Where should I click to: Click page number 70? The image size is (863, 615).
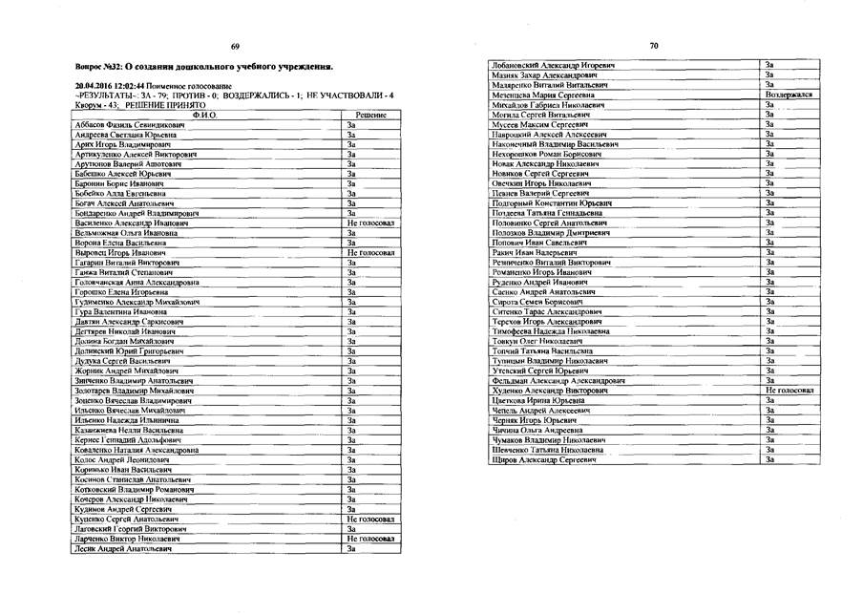pyautogui.click(x=653, y=45)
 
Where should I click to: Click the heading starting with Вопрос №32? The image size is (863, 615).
pyautogui.click(x=203, y=69)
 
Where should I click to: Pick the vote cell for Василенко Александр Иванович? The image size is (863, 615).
pyautogui.click(x=370, y=223)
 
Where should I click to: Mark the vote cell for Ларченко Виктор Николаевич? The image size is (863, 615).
pyautogui.click(x=370, y=539)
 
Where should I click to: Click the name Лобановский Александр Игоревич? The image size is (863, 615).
pyautogui.click(x=552, y=65)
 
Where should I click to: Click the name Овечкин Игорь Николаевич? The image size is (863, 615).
pyautogui.click(x=541, y=182)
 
